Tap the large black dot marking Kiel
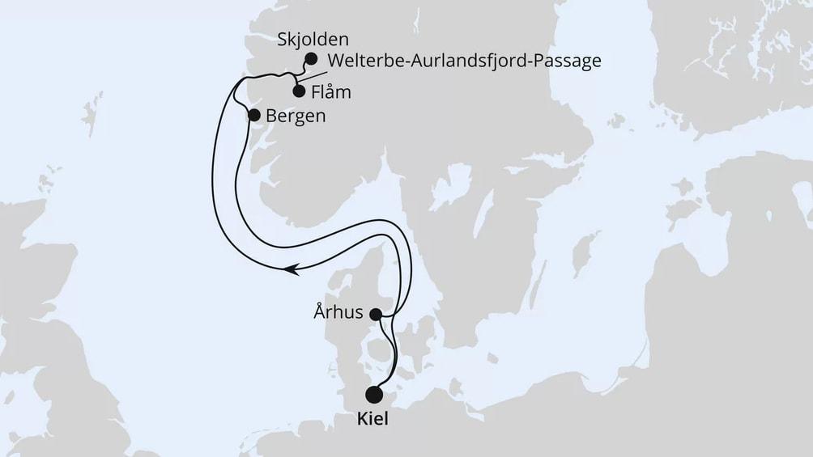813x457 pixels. (374, 396)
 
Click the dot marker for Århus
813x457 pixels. (376, 314)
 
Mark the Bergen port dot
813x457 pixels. (253, 115)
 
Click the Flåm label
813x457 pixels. (331, 91)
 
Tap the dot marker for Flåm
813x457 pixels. (299, 91)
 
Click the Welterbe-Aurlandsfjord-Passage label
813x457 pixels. (465, 61)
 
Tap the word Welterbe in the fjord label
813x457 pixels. (360, 61)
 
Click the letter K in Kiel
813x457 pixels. (360, 421)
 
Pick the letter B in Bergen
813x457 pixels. (271, 116)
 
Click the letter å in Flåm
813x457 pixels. (332, 91)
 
